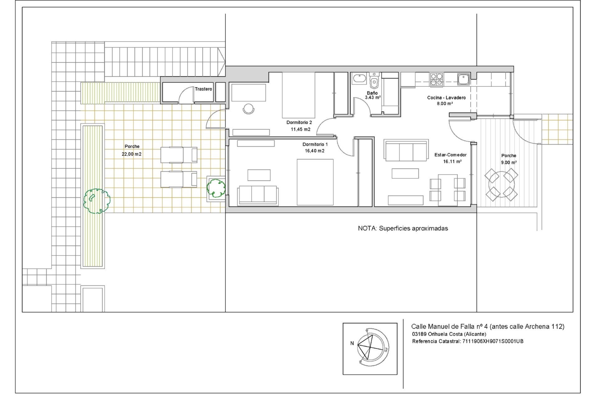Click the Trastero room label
tap(203, 89)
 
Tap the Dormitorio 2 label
tap(299, 123)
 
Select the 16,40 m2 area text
tap(315, 151)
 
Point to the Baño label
tap(372, 93)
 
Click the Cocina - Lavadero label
tap(447, 98)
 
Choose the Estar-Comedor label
tap(451, 155)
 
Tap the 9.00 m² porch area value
tap(509, 162)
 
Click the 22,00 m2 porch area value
tap(132, 154)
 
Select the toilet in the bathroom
tap(374, 81)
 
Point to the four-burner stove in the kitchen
tap(437, 79)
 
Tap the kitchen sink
tap(463, 79)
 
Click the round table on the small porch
tap(501, 185)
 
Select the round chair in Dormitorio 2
tap(248, 109)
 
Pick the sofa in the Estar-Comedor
tap(406, 150)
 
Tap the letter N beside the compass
tap(352, 343)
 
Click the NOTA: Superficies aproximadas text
tap(403, 228)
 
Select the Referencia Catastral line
tap(468, 341)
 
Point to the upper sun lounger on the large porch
tap(179, 155)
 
